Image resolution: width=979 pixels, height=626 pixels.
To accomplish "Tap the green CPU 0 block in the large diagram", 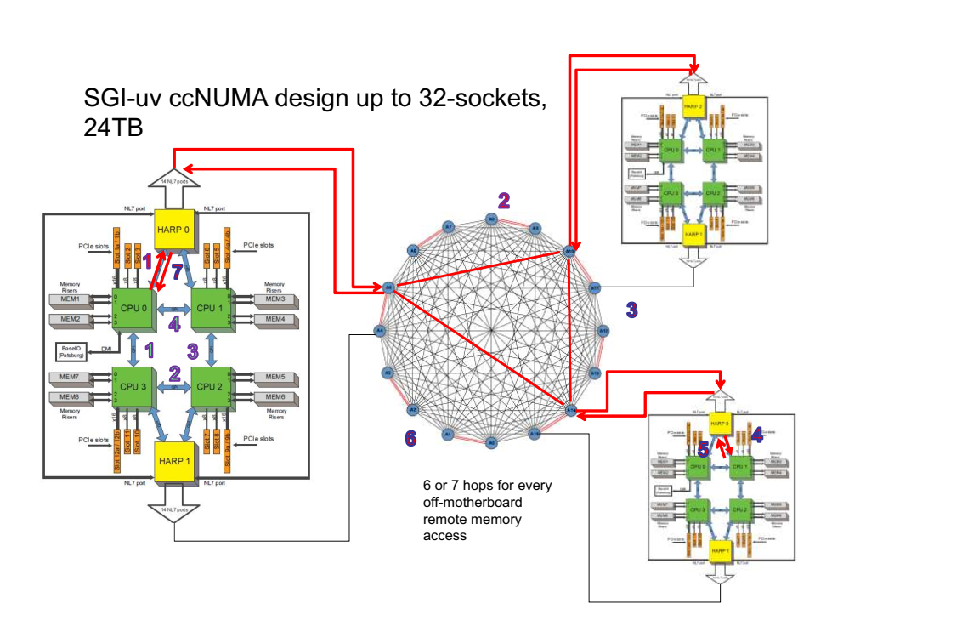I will [x=132, y=307].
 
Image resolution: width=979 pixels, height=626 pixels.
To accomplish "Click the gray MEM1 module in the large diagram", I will [x=69, y=299].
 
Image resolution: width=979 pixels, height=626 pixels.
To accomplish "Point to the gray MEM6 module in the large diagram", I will [x=274, y=397].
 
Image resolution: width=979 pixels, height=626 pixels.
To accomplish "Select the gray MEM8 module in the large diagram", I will [x=69, y=397].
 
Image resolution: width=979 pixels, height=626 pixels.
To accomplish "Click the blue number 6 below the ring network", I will [x=410, y=438].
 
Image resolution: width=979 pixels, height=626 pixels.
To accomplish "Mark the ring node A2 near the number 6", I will [x=412, y=409].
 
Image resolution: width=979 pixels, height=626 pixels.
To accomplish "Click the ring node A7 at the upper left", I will [x=449, y=227].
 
